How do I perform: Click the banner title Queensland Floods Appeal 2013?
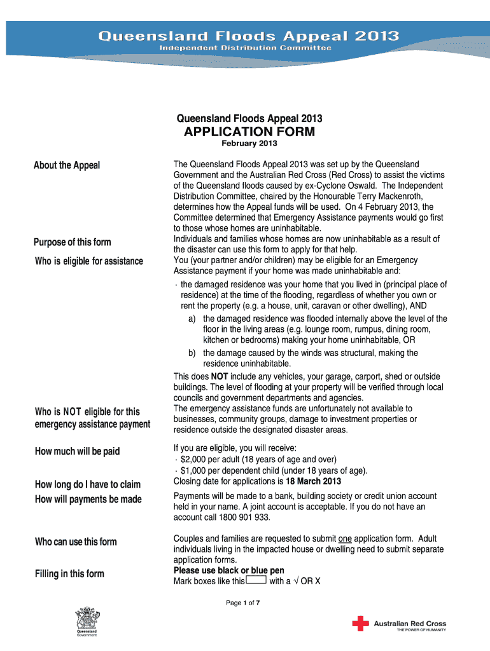click(x=249, y=36)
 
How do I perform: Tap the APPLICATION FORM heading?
click(x=249, y=132)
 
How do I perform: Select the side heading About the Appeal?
click(x=67, y=165)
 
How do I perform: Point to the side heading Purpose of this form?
click(x=72, y=242)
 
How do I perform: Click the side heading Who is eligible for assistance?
click(x=88, y=261)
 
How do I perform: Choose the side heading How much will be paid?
click(x=77, y=451)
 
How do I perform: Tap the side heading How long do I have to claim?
click(x=87, y=485)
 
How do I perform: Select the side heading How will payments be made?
click(x=88, y=499)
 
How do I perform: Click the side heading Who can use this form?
click(x=76, y=542)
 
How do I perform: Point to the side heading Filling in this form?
click(x=69, y=574)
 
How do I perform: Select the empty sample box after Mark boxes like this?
click(x=256, y=580)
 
